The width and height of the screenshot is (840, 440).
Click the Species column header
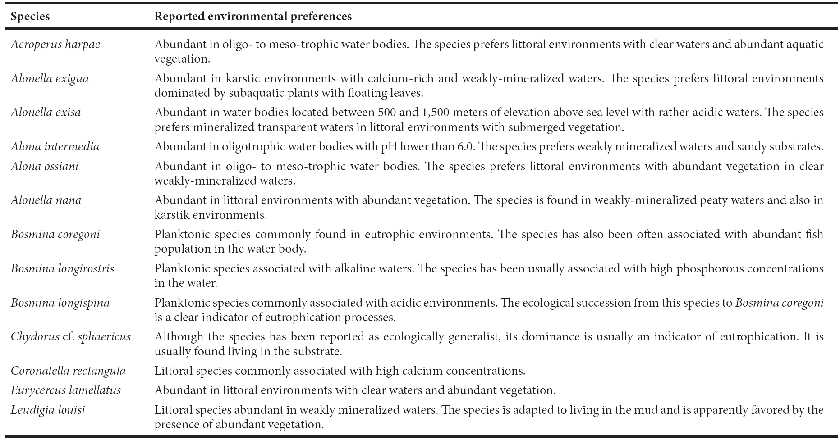click(x=30, y=17)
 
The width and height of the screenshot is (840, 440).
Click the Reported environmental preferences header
click(x=252, y=17)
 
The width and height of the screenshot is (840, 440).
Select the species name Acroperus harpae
click(x=55, y=45)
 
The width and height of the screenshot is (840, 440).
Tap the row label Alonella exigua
click(x=50, y=79)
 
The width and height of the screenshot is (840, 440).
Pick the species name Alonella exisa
click(x=46, y=113)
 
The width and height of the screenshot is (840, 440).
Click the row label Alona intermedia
click(x=55, y=147)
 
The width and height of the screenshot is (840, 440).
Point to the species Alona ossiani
click(x=45, y=167)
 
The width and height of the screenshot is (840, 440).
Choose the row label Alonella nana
click(x=46, y=200)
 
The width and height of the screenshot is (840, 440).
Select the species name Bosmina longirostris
click(x=62, y=269)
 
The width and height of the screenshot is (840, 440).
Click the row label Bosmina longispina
click(x=60, y=303)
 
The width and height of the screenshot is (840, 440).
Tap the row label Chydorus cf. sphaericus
click(x=71, y=337)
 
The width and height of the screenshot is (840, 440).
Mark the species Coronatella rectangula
click(x=68, y=371)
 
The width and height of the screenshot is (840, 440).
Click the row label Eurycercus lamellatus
click(x=66, y=390)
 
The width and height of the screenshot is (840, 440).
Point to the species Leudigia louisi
click(x=48, y=410)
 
